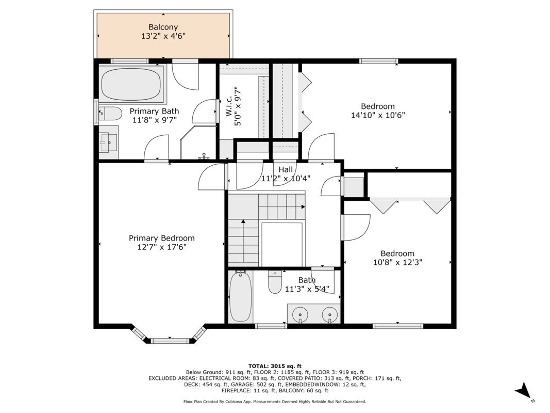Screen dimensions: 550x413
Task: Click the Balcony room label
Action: tap(163, 27)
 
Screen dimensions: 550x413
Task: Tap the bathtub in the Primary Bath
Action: tap(131, 84)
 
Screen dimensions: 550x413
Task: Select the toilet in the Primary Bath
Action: tap(110, 114)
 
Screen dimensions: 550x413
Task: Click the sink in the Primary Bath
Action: tap(108, 142)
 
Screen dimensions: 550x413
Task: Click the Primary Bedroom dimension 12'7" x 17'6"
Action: tap(162, 247)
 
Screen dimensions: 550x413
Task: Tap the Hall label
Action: tap(286, 170)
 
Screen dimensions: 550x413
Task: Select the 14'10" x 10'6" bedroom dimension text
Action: tap(378, 115)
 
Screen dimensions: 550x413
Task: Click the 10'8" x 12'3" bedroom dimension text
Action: tap(397, 262)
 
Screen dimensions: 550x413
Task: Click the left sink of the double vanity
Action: tap(300, 313)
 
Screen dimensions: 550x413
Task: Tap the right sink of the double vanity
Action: tap(329, 313)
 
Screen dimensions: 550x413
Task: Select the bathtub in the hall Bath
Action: tap(240, 296)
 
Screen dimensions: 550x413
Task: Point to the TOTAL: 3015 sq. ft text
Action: tap(275, 366)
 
